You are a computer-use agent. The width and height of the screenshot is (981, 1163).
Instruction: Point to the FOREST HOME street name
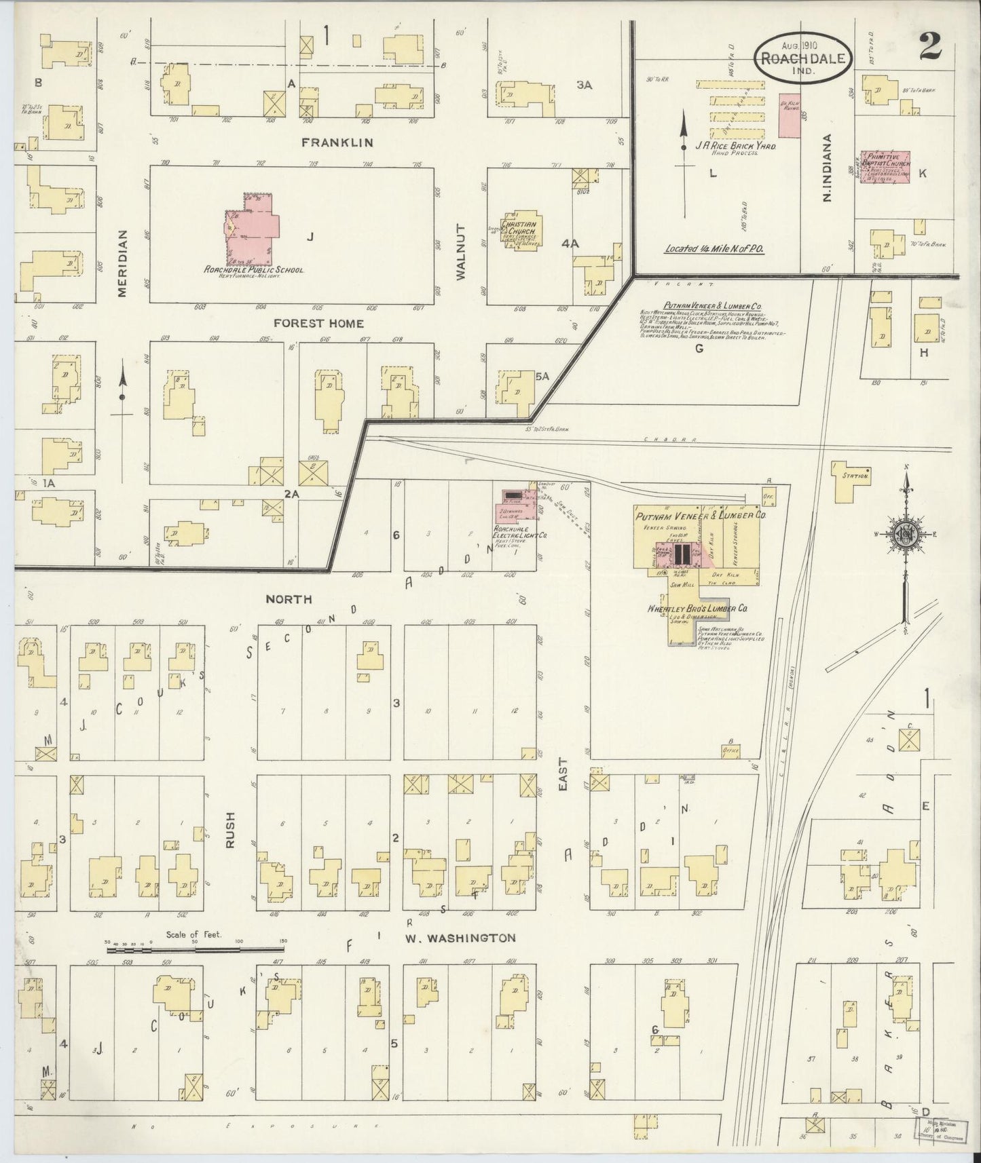[x=314, y=324]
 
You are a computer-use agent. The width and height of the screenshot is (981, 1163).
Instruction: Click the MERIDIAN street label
[x=122, y=262]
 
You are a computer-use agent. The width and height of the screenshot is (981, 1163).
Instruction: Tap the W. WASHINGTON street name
[x=460, y=938]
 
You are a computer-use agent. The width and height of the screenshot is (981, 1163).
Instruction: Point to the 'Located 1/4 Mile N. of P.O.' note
[x=714, y=249]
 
